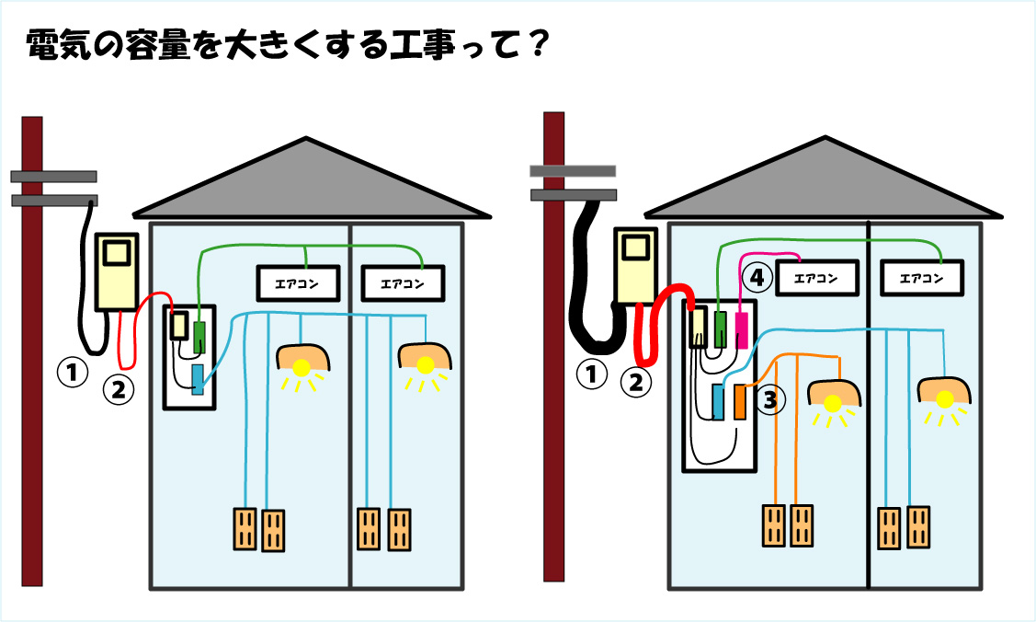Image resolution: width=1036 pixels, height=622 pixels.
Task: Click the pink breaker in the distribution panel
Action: pos(743,328)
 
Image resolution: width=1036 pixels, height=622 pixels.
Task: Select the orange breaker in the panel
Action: pos(740,402)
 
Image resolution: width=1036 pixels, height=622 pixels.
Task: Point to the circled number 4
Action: pos(756,275)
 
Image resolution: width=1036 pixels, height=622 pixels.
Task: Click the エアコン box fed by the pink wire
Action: pos(817,277)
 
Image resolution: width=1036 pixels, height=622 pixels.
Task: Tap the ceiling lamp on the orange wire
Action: pos(833,396)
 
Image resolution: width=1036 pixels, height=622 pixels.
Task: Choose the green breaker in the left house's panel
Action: pos(199,325)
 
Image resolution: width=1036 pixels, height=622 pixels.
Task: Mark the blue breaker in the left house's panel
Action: pos(198,379)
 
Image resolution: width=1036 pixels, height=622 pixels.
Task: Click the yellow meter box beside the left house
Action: pos(117,270)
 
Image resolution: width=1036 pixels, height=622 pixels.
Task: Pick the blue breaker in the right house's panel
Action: pos(718,402)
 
